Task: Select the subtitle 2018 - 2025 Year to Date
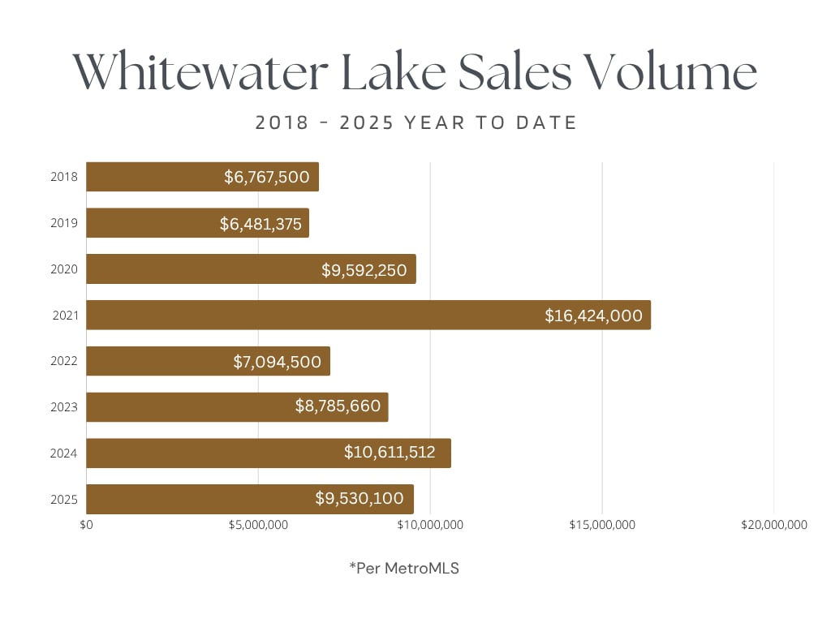click(415, 123)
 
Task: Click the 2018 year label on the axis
click(65, 177)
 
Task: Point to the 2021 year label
click(65, 315)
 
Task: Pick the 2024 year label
click(65, 453)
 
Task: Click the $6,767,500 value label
click(267, 177)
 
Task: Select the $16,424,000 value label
click(593, 316)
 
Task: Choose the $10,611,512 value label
click(390, 453)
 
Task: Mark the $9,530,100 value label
click(360, 499)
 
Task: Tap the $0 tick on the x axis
click(87, 525)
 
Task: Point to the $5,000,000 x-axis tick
click(258, 525)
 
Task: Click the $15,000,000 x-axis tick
click(601, 525)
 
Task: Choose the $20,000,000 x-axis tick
click(773, 525)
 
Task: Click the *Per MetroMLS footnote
click(404, 569)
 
